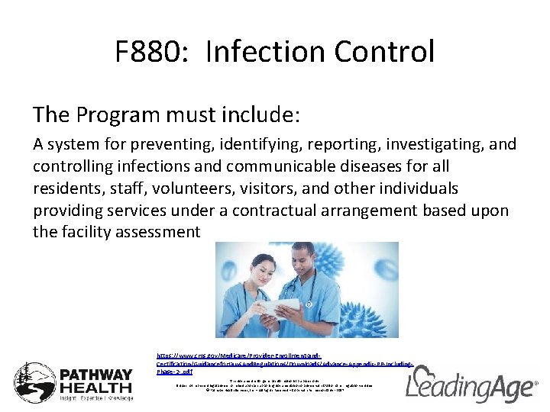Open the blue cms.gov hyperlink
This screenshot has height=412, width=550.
pos(283,364)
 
